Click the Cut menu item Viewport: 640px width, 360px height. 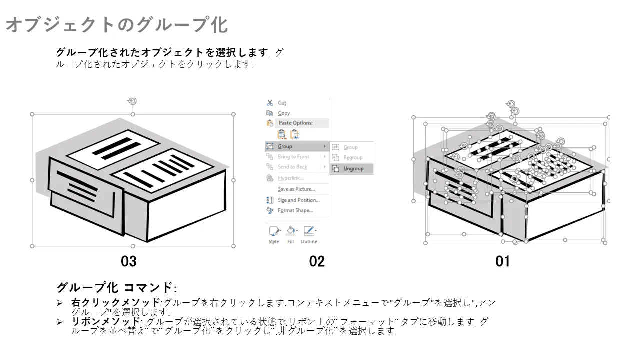tap(282, 103)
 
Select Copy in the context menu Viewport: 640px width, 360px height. tap(284, 113)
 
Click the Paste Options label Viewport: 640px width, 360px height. tap(295, 123)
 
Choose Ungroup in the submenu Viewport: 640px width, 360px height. tap(353, 169)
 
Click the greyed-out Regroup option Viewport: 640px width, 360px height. tap(353, 157)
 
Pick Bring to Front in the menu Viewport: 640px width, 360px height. tap(293, 157)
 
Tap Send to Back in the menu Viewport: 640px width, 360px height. tap(292, 167)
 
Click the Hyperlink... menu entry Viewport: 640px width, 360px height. tap(291, 178)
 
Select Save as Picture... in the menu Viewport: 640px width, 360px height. tap(296, 189)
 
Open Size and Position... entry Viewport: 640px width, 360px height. tap(299, 200)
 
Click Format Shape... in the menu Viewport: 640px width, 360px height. tap(295, 210)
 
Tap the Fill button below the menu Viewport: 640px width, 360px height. tap(291, 235)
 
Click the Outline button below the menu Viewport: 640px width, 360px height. tap(309, 235)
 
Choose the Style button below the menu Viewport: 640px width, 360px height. tap(274, 235)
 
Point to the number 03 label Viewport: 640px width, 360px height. tap(129, 261)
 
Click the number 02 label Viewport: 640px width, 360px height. tap(317, 261)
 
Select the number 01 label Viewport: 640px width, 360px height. tap(502, 261)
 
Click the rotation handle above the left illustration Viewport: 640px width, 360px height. tap(132, 101)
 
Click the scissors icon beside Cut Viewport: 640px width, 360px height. tap(270, 103)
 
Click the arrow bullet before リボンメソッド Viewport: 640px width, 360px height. tap(60, 322)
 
